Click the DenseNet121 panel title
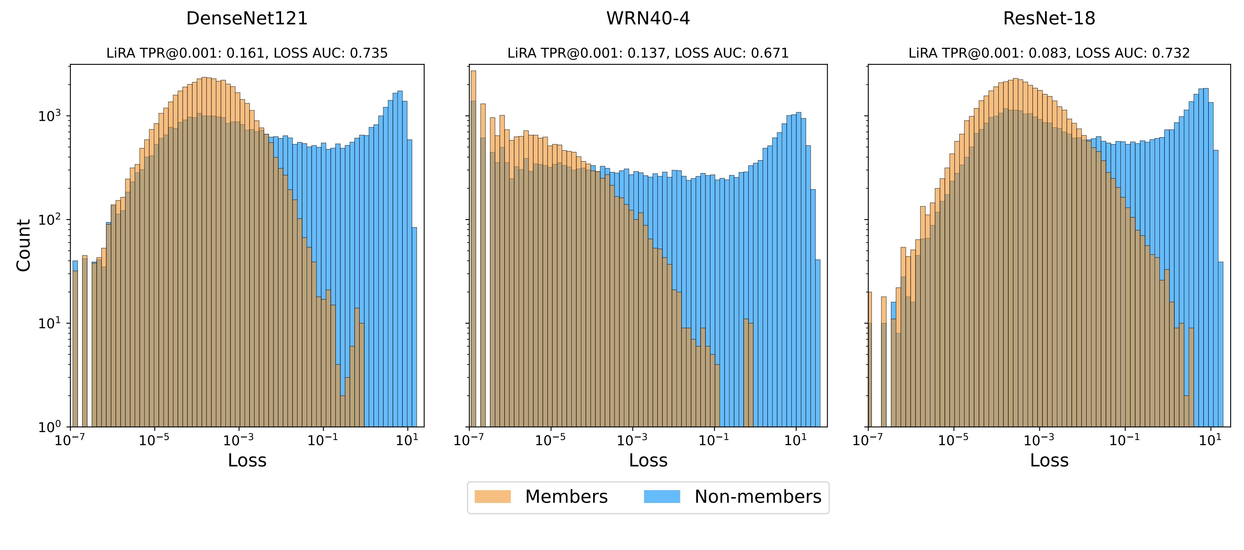coord(247,18)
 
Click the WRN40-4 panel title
coord(648,18)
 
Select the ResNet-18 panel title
coord(1049,18)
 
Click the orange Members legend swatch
coord(492,497)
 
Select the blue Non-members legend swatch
coord(661,497)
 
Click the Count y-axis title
coord(23,245)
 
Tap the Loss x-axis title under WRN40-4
coord(648,461)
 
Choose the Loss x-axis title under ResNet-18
coord(1049,461)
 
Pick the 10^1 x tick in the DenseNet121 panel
coord(407,440)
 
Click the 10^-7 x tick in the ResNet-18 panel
coord(868,440)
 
